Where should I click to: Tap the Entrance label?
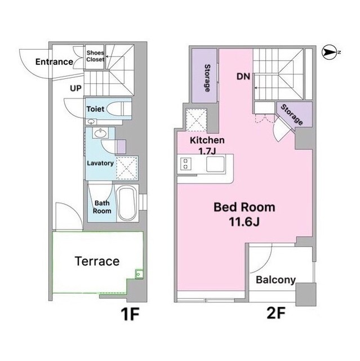click(54, 61)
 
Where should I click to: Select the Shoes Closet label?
click(95, 56)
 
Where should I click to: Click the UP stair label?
click(75, 88)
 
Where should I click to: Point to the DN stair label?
click(243, 77)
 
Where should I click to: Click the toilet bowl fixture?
click(117, 109)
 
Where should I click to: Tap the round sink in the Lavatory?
click(100, 133)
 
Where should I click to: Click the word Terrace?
click(97, 261)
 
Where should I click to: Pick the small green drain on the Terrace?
click(139, 274)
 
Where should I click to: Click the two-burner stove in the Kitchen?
click(186, 164)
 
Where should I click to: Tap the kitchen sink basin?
click(215, 164)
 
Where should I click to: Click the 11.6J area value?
click(244, 222)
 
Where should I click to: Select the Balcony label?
click(275, 280)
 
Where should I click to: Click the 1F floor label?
click(130, 314)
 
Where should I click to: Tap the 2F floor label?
click(276, 312)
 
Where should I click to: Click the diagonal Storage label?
click(292, 115)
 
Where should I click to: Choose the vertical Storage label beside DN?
click(207, 78)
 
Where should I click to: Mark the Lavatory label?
click(100, 163)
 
